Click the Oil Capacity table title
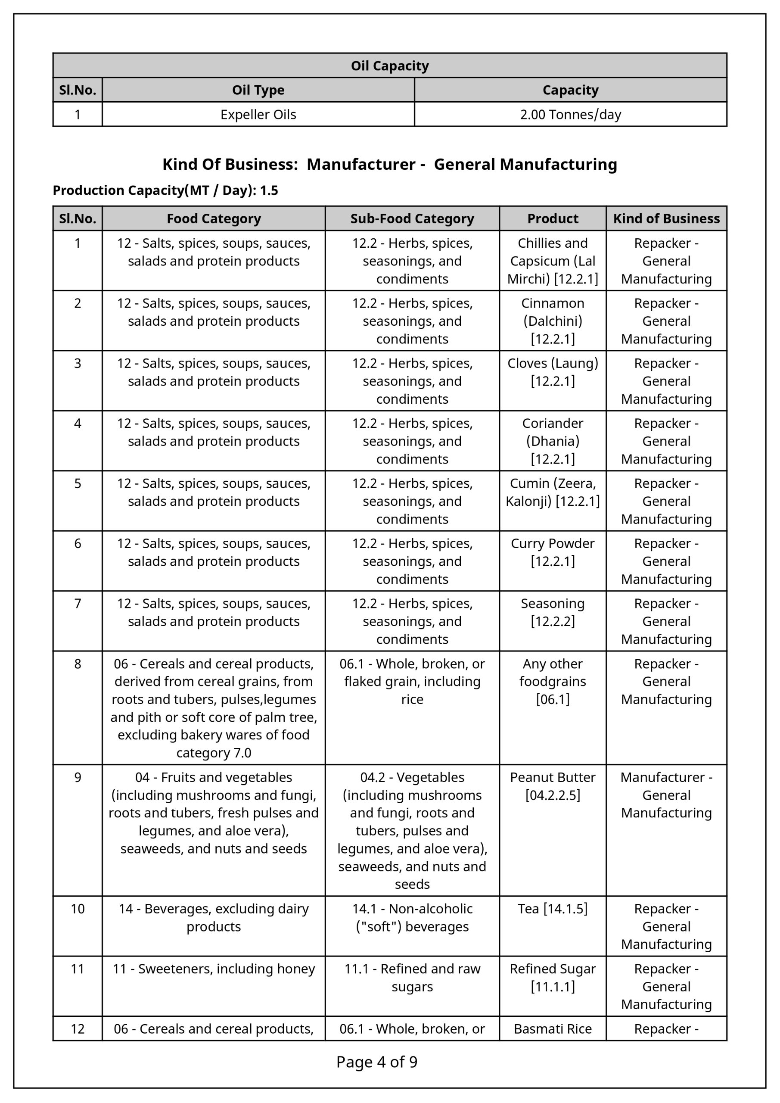(x=389, y=66)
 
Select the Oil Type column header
(x=258, y=90)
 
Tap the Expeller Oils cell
(x=258, y=115)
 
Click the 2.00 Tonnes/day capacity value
(x=570, y=115)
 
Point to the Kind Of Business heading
(x=389, y=164)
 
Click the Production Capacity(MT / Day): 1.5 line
(x=165, y=191)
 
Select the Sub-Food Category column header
(x=412, y=219)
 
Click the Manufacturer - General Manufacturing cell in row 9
(x=666, y=795)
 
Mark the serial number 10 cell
(x=78, y=909)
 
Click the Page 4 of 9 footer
(x=376, y=1062)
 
